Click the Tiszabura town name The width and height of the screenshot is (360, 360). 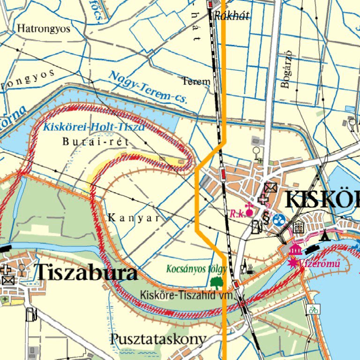[86, 273]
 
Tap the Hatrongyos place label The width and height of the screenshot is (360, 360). [44, 29]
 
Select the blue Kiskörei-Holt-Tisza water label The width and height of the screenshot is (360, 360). [93, 126]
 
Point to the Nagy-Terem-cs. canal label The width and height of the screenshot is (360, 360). [148, 87]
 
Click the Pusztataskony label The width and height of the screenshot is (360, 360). [158, 339]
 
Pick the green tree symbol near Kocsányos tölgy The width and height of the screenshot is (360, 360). [216, 282]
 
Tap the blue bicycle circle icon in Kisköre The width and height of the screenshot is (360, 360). [279, 219]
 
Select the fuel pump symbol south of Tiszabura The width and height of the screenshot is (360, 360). [31, 314]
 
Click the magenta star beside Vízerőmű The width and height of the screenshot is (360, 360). [294, 263]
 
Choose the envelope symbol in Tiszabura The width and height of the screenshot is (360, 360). [8, 280]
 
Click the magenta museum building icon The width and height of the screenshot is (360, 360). [295, 249]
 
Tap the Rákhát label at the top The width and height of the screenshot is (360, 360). [232, 16]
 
